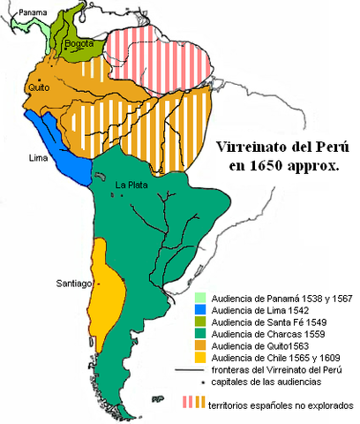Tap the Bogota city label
[80, 42]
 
